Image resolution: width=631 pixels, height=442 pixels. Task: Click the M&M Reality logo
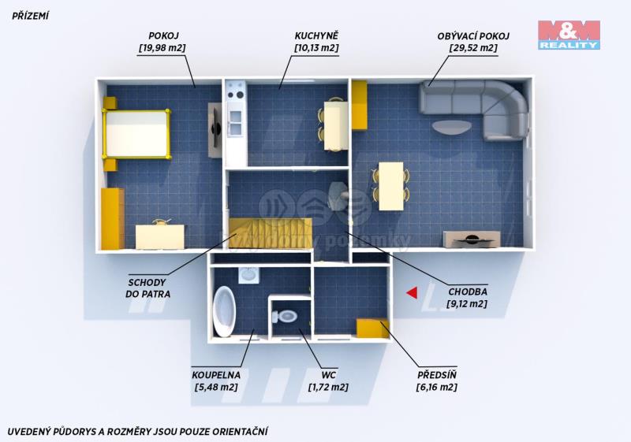(x=569, y=35)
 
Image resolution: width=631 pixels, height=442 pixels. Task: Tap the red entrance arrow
(x=412, y=293)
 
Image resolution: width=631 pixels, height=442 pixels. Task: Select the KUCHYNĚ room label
(x=317, y=35)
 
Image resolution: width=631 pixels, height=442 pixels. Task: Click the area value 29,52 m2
(x=473, y=48)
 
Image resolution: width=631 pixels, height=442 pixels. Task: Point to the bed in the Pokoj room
(x=136, y=133)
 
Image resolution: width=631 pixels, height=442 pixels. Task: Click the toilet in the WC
(x=286, y=316)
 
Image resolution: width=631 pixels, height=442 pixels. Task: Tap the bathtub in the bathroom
(x=223, y=311)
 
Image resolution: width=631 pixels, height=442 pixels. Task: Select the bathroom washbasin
(x=249, y=276)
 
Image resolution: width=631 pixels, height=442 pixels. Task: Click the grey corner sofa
(x=475, y=109)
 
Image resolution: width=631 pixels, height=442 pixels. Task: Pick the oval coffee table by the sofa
(x=452, y=127)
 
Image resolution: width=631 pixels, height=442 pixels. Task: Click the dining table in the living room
(x=391, y=186)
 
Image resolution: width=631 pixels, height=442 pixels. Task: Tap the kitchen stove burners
(x=236, y=91)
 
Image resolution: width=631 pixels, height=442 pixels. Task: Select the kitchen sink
(x=235, y=122)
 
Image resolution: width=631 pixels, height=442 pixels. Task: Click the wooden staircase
(x=271, y=233)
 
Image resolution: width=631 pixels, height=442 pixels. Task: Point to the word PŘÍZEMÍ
(x=30, y=16)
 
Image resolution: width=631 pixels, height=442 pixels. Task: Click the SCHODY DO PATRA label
(x=147, y=288)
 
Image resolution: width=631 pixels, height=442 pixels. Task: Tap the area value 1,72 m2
(x=328, y=388)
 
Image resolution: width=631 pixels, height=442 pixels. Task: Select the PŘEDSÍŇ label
(x=437, y=375)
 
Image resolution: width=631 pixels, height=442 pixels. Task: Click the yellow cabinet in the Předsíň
(x=372, y=328)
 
